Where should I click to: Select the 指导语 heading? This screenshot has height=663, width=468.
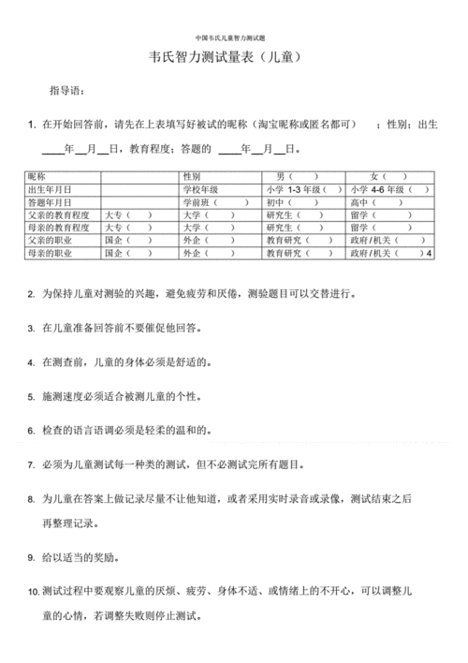coord(67,91)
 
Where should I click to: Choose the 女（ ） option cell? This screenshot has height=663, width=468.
coord(388,176)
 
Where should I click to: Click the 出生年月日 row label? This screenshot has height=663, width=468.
coord(51,189)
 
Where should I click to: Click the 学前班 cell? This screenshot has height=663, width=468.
coord(200,201)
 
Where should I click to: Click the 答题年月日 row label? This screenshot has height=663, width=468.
coord(51,201)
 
